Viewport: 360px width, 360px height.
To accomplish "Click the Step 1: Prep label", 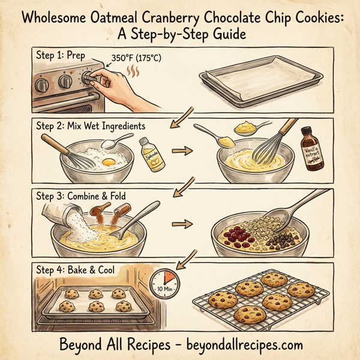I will click(x=61, y=56).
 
